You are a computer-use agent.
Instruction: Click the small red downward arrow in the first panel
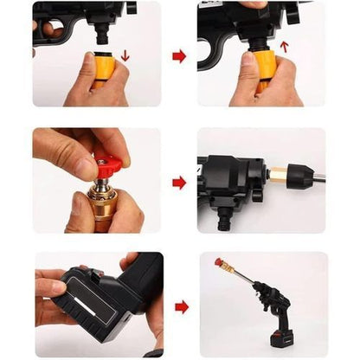pos(125,56)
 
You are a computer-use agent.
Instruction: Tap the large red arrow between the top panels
pos(179,56)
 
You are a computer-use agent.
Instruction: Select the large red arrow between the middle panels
pos(179,183)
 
